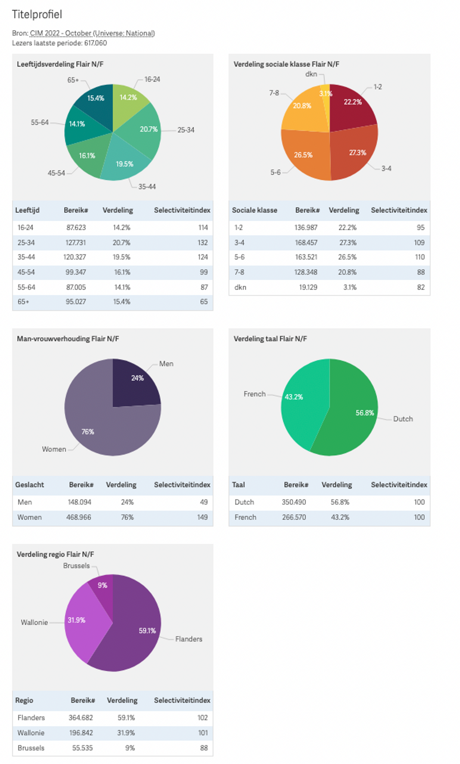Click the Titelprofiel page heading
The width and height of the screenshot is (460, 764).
37,14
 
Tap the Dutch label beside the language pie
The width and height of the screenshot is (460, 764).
403,419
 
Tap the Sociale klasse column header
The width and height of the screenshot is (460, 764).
254,210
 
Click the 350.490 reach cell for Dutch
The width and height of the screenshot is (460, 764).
293,502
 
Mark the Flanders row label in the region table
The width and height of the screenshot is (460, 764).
31,718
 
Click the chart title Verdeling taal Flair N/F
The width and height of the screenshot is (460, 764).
270,339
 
